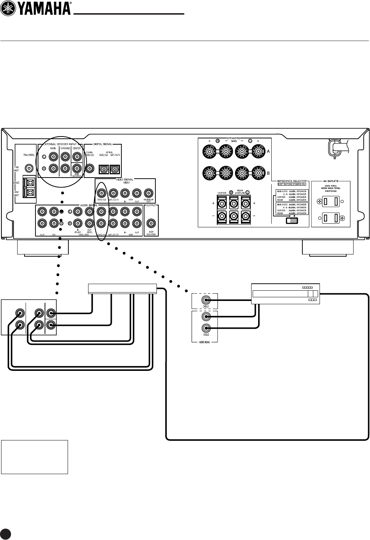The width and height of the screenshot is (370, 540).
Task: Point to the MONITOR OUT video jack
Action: click(148, 193)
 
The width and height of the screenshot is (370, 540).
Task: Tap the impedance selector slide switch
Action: click(292, 220)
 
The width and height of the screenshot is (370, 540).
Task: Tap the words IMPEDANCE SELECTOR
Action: click(291, 181)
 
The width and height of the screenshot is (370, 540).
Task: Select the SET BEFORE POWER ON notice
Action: click(291, 184)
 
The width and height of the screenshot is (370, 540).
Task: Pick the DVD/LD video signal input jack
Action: click(101, 193)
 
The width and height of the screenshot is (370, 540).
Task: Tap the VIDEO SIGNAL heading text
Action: click(125, 180)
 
